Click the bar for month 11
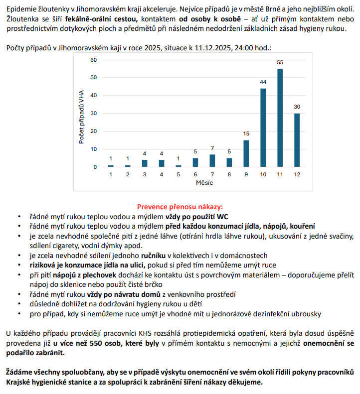click(x=280, y=118)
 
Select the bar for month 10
click(x=263, y=128)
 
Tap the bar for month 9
click(x=246, y=153)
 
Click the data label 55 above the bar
click(x=280, y=62)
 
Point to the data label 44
click(x=263, y=82)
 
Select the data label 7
click(x=212, y=148)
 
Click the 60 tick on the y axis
click(x=93, y=60)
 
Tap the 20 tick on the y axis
click(x=93, y=131)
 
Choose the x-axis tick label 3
click(x=145, y=174)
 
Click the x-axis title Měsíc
click(x=204, y=183)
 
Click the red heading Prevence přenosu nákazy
click(x=180, y=206)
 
